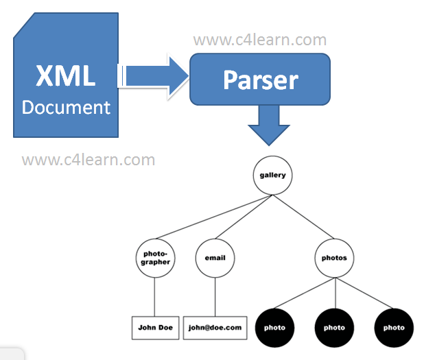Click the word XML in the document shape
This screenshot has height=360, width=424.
pyautogui.click(x=66, y=75)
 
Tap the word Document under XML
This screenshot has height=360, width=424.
pyautogui.click(x=67, y=107)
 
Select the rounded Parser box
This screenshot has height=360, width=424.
pyautogui.click(x=260, y=79)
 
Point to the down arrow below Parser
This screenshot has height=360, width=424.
pyautogui.click(x=269, y=125)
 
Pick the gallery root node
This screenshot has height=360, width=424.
pyautogui.click(x=272, y=175)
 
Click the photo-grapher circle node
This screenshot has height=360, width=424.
pyautogui.click(x=156, y=258)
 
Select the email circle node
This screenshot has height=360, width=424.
pyautogui.click(x=215, y=258)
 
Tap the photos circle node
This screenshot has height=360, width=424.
pyautogui.click(x=334, y=258)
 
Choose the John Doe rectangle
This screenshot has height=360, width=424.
pyautogui.click(x=156, y=328)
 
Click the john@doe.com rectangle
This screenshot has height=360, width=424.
pyautogui.click(x=215, y=328)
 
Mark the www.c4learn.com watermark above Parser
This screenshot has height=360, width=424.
pyautogui.click(x=260, y=40)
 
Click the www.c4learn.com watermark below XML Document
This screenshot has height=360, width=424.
pyautogui.click(x=89, y=160)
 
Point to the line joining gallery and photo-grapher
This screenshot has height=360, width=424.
pyautogui.click(x=213, y=217)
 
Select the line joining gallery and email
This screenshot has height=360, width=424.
pyautogui.click(x=244, y=217)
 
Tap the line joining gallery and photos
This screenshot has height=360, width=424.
pyautogui.click(x=303, y=217)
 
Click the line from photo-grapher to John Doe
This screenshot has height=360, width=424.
pyautogui.click(x=154, y=297)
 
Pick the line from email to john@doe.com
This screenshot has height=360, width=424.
pyautogui.click(x=215, y=297)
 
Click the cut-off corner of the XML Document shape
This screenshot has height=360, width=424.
pyautogui.click(x=24, y=25)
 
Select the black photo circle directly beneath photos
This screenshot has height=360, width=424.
pyautogui.click(x=335, y=328)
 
